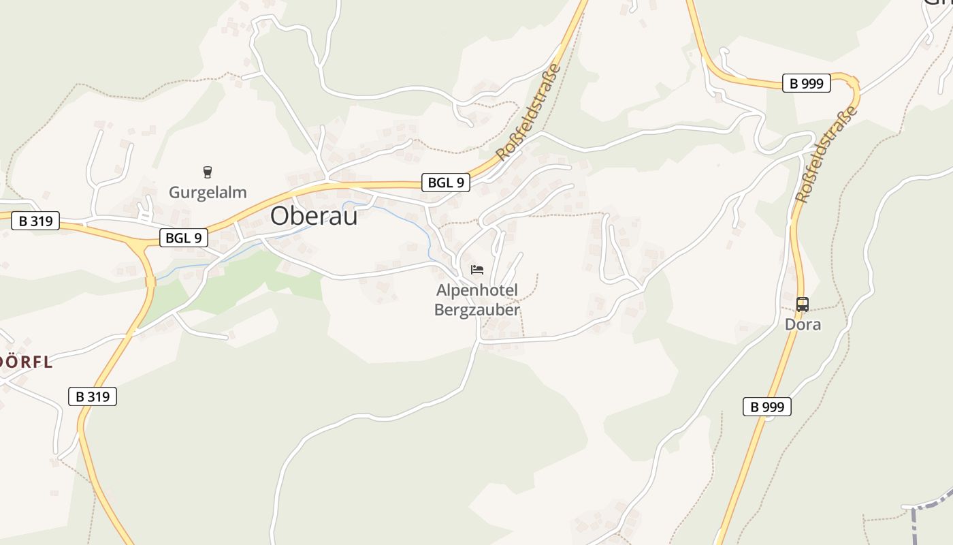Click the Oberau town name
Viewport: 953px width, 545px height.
click(314, 215)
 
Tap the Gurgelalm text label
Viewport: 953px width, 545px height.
click(208, 192)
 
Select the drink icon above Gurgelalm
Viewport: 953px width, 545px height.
click(208, 172)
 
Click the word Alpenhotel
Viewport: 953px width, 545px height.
click(477, 290)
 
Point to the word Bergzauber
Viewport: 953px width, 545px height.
click(477, 310)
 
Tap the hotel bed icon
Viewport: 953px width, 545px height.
click(477, 270)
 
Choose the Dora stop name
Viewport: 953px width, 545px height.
click(803, 324)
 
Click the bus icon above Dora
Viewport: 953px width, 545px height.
click(803, 304)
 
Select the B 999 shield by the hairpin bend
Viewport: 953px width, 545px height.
click(807, 83)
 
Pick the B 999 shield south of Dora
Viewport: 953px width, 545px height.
click(766, 407)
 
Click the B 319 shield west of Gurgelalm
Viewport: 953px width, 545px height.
click(35, 221)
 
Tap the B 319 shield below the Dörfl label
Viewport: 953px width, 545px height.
click(93, 396)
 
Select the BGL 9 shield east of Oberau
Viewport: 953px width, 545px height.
click(446, 182)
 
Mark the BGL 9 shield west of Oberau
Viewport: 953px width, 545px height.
click(184, 238)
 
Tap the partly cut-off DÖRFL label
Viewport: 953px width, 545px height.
click(26, 362)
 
